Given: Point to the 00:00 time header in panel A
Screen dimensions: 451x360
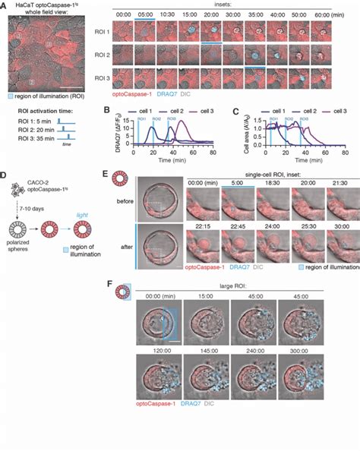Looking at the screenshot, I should pyautogui.click(x=144, y=14).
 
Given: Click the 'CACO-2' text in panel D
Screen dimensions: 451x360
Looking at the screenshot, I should pyautogui.click(x=27, y=185).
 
